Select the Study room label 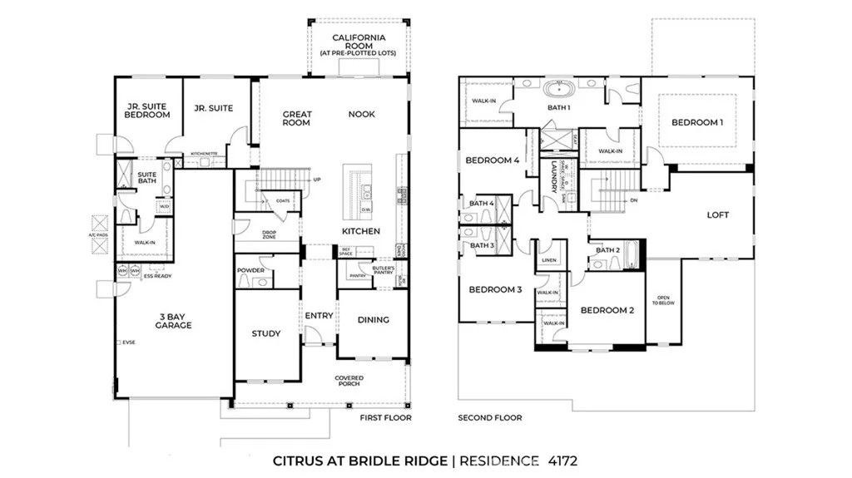pyautogui.click(x=265, y=334)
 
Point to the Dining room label pyautogui.click(x=373, y=319)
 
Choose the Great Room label pyautogui.click(x=296, y=119)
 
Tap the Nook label pyautogui.click(x=361, y=115)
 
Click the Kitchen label pyautogui.click(x=361, y=230)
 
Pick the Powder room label pyautogui.click(x=250, y=270)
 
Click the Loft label pyautogui.click(x=717, y=214)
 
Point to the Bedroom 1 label pyautogui.click(x=697, y=122)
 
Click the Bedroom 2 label pyautogui.click(x=607, y=310)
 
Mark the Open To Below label pyautogui.click(x=663, y=301)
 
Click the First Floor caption pyautogui.click(x=386, y=418)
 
